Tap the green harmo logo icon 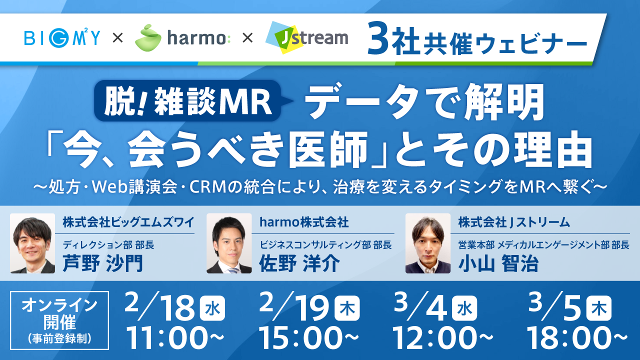pyautogui.click(x=148, y=38)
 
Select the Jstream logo pyautogui.click(x=307, y=37)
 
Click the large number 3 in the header pyautogui.click(x=378, y=38)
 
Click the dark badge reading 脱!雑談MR pyautogui.click(x=187, y=100)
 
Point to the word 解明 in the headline pyautogui.click(x=504, y=102)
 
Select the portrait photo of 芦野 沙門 pyautogui.click(x=32, y=243)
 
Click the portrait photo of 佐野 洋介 pyautogui.click(x=229, y=243)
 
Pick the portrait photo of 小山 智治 pyautogui.click(x=428, y=243)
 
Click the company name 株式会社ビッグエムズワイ pyautogui.click(x=128, y=222)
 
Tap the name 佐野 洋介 pyautogui.click(x=299, y=263)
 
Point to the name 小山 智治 pyautogui.click(x=498, y=263)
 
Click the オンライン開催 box pyautogui.click(x=59, y=320)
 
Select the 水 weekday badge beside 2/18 pyautogui.click(x=212, y=308)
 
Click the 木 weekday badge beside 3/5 pyautogui.click(x=599, y=308)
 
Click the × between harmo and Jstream pyautogui.click(x=247, y=38)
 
